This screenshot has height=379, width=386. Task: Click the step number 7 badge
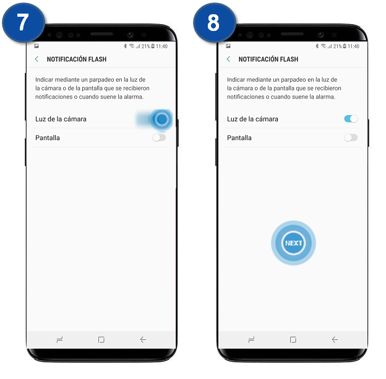click(x=23, y=24)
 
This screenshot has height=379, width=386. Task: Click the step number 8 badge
click(x=214, y=24)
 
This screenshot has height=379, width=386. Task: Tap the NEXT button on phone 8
click(x=293, y=243)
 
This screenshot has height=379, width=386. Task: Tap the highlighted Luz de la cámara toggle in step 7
click(x=160, y=119)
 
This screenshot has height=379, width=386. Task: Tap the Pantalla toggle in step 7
click(x=159, y=137)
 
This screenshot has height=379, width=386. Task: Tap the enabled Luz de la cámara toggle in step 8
click(x=351, y=119)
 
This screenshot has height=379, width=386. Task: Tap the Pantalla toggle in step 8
click(x=351, y=137)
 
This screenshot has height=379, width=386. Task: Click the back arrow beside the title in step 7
click(x=36, y=59)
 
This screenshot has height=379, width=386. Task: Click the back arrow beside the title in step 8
click(x=228, y=59)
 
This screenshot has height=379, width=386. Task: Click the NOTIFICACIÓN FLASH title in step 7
click(x=77, y=59)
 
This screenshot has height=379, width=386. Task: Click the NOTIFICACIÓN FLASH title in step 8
click(x=268, y=59)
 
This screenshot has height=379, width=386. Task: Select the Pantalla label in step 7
click(x=48, y=137)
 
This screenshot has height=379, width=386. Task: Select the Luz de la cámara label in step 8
click(x=252, y=119)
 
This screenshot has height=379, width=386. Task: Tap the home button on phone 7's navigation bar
click(x=101, y=339)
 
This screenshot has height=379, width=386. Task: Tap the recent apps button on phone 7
click(x=59, y=339)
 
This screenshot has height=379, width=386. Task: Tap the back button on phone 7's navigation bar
click(x=143, y=339)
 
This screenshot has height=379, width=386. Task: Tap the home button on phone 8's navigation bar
click(x=293, y=339)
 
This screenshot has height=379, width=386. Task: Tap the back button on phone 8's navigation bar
click(x=335, y=339)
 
